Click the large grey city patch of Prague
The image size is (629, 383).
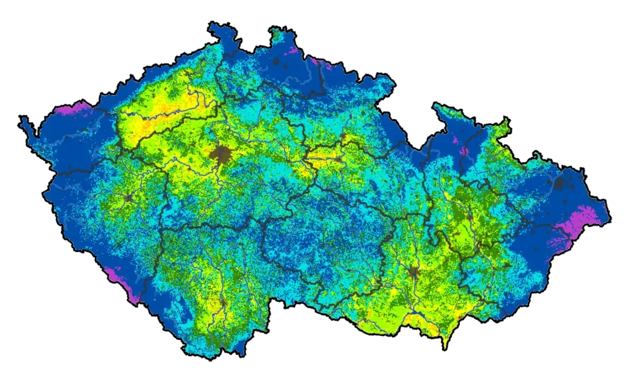click(221, 155)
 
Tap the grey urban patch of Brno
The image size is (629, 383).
click(415, 272)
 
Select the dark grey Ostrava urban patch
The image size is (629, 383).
click(560, 183)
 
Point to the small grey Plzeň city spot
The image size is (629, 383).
click(129, 198)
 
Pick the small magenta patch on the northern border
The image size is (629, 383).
click(291, 51)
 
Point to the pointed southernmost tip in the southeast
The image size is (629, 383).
click(446, 347)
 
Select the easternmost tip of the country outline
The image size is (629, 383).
click(610, 215)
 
